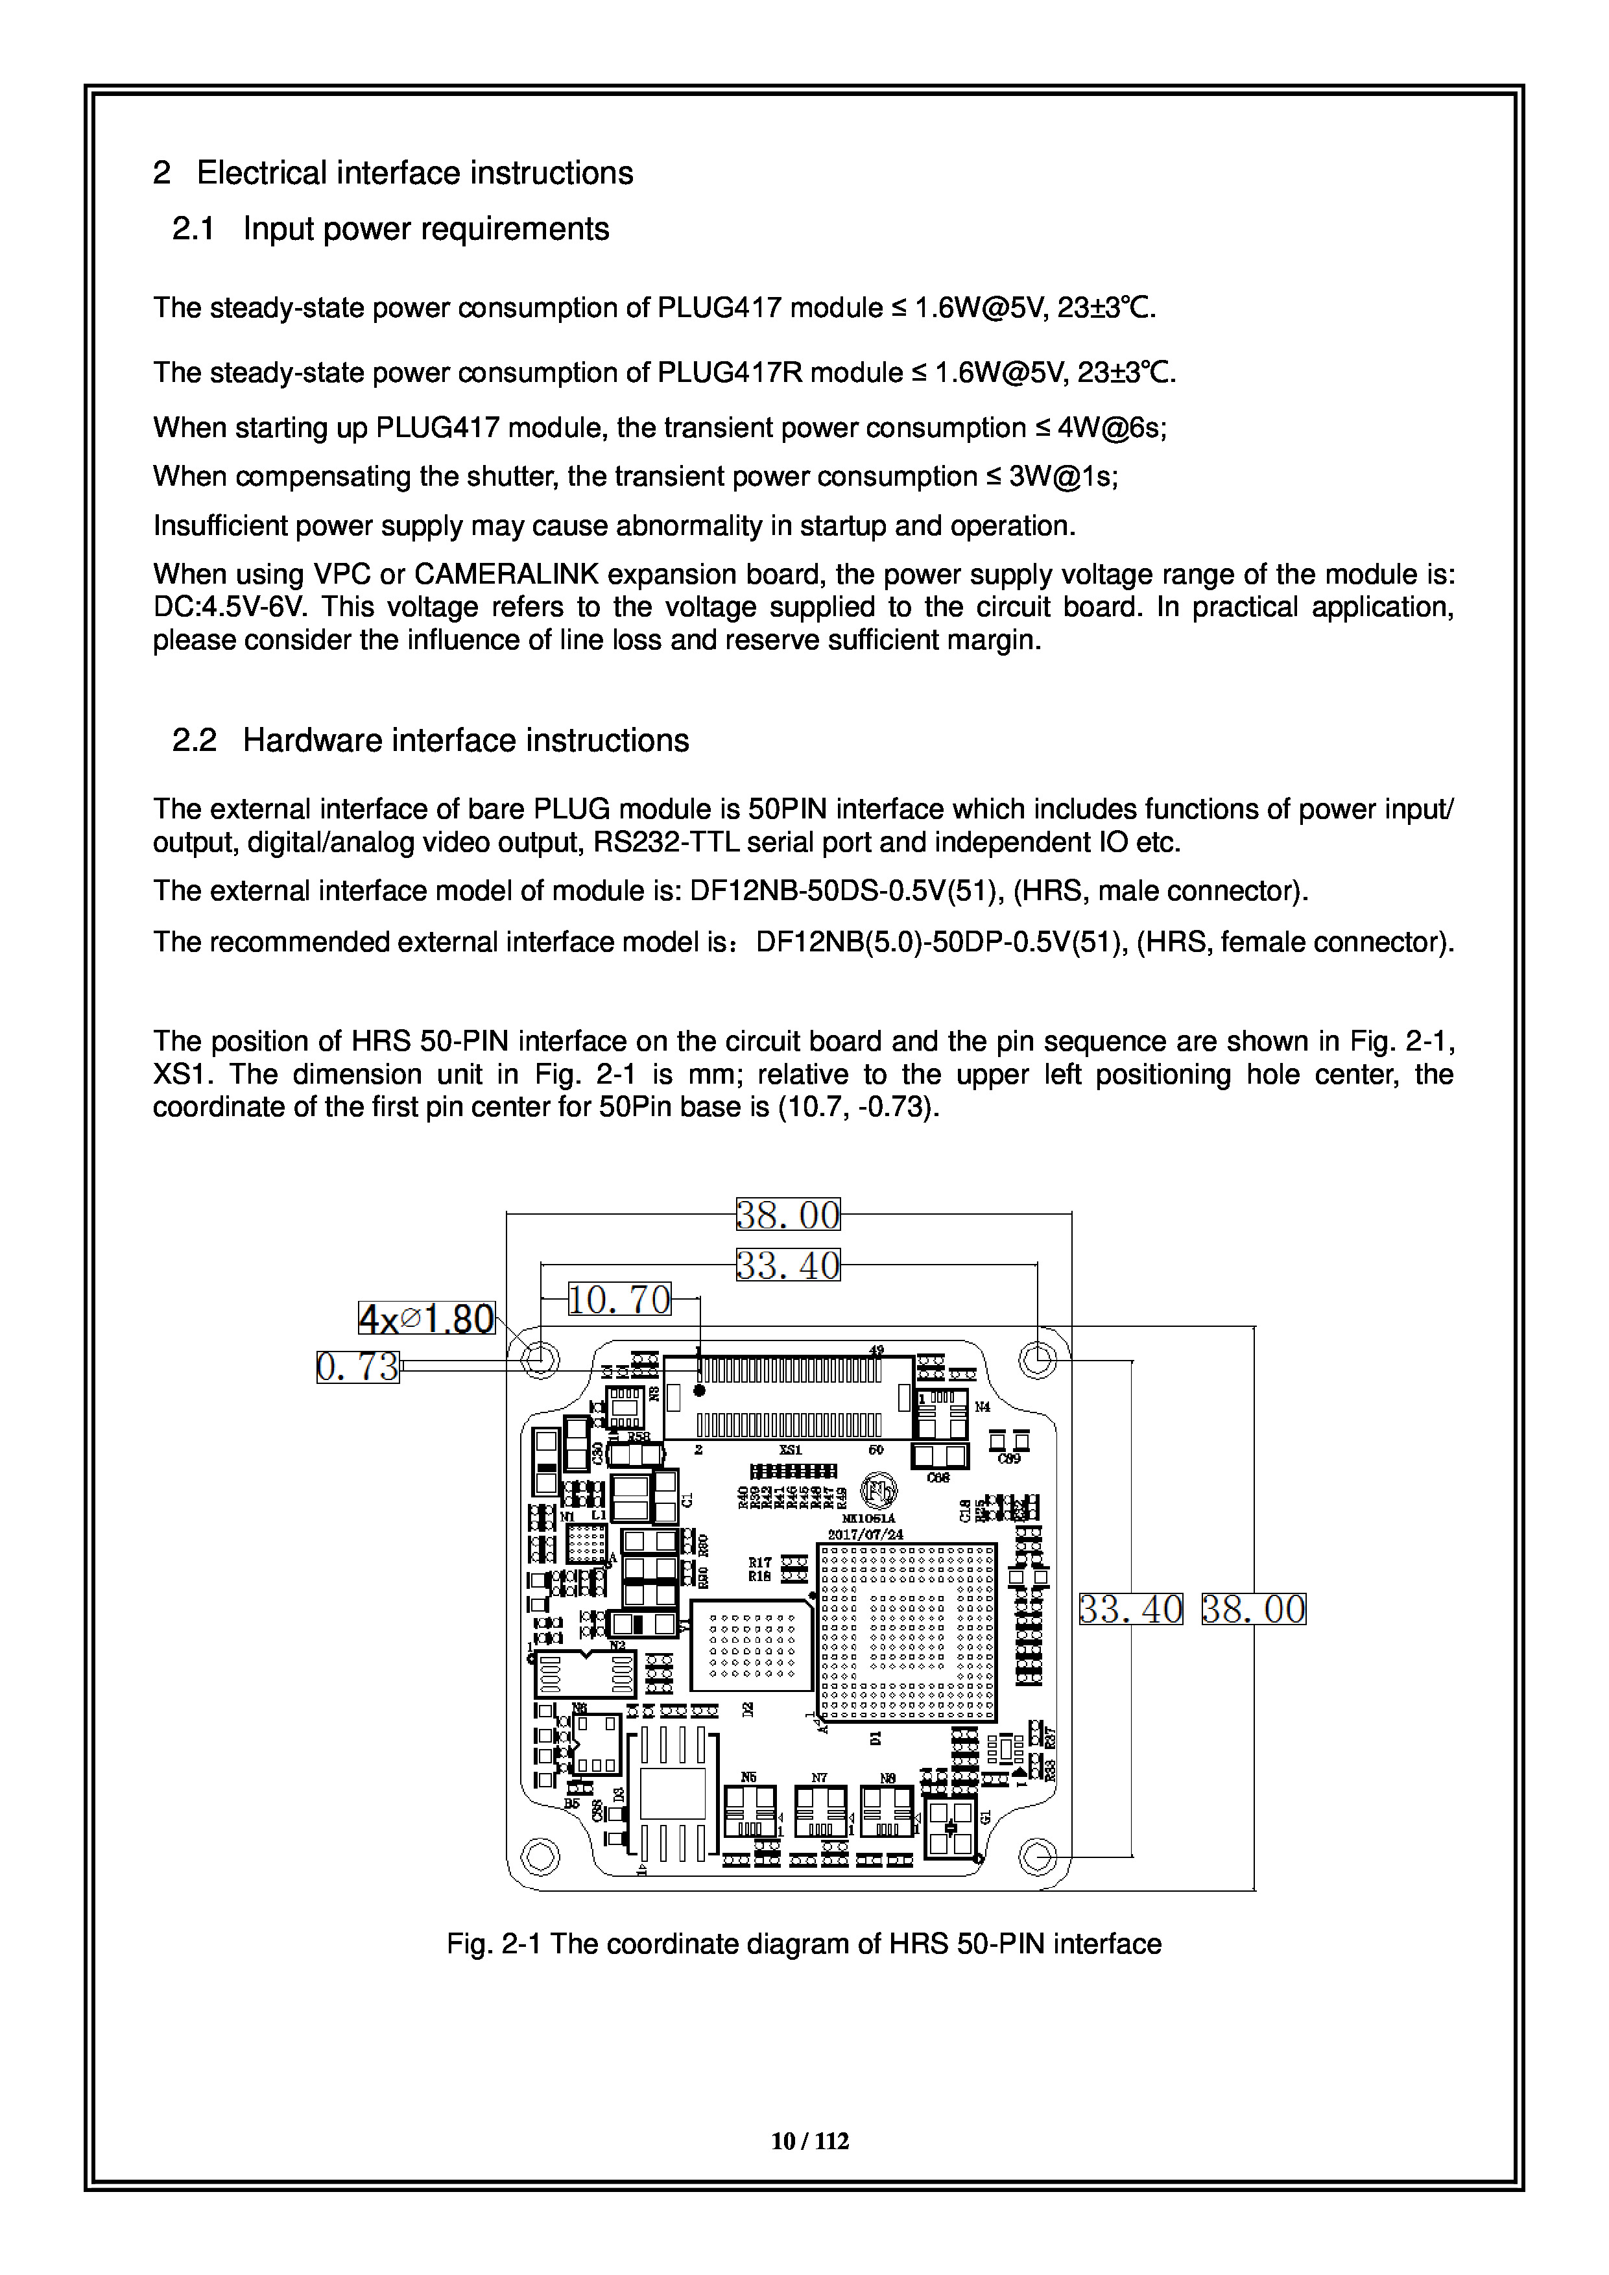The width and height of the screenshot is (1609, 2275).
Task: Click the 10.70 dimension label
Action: (x=619, y=1299)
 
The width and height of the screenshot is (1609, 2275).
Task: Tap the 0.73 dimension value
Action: (x=358, y=1366)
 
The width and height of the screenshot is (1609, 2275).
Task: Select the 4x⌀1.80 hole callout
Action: (x=426, y=1319)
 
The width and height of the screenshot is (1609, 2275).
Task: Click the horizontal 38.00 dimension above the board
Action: (x=788, y=1214)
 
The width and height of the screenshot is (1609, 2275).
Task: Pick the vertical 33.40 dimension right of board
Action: (x=1130, y=1609)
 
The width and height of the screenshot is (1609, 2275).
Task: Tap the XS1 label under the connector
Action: (x=790, y=1449)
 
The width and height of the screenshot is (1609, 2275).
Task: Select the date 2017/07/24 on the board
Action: (x=866, y=1534)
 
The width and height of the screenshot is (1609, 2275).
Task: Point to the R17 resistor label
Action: (x=760, y=1562)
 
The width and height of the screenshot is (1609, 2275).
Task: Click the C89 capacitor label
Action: (x=1008, y=1459)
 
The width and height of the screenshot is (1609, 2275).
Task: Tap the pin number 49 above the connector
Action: (x=876, y=1350)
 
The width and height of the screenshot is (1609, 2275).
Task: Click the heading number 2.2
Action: (x=194, y=740)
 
